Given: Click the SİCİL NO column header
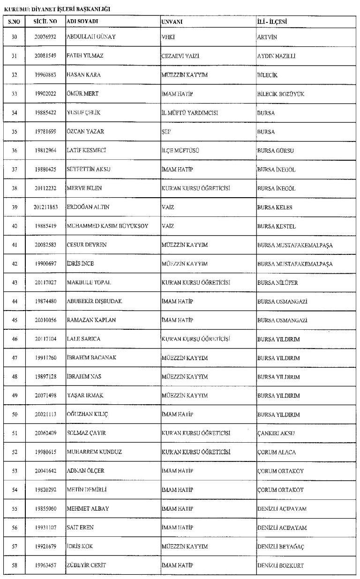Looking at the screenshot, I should (45, 22).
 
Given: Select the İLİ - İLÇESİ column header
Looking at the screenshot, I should (272, 22).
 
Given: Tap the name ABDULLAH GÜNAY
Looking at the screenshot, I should (91, 37).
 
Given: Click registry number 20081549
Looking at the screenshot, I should (45, 56).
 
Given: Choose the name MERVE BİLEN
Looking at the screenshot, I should (84, 188).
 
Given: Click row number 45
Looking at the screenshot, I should (14, 320).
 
